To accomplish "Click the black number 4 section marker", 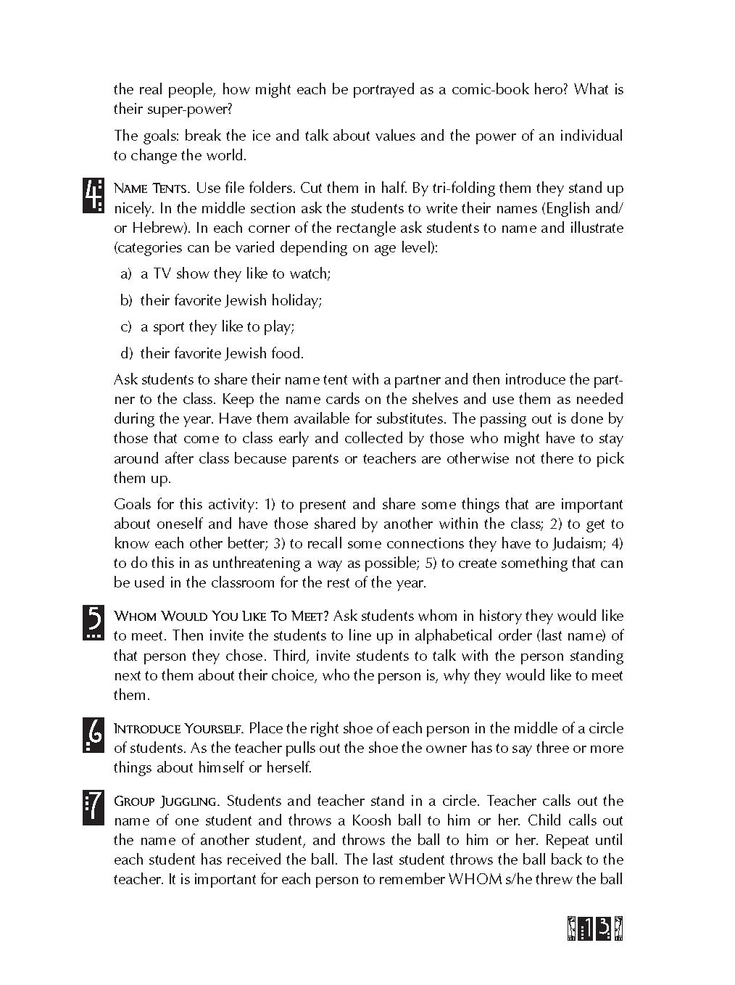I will pos(94,196).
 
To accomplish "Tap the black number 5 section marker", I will pos(94,622).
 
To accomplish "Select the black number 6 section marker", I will pos(94,735).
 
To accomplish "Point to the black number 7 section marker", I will pos(94,808).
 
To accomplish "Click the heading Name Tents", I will pos(152,189).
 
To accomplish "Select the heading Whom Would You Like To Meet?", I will pos(222,616).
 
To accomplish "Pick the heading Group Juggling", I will pos(166,801).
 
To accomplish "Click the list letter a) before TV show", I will pos(126,273).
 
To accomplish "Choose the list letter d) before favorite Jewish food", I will pos(126,353).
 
